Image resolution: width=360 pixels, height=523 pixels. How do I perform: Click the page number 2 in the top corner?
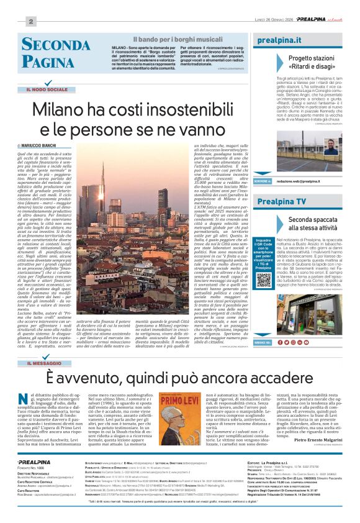click(x=30, y=22)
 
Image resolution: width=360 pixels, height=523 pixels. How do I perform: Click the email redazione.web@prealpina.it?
click(x=298, y=181)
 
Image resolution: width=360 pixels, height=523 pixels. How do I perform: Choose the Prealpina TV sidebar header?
click(x=281, y=202)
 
